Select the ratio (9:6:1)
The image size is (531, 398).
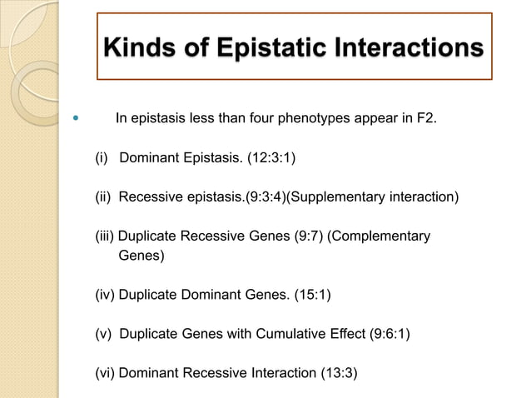[x=388, y=334]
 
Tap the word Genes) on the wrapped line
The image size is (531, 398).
[x=141, y=256]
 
